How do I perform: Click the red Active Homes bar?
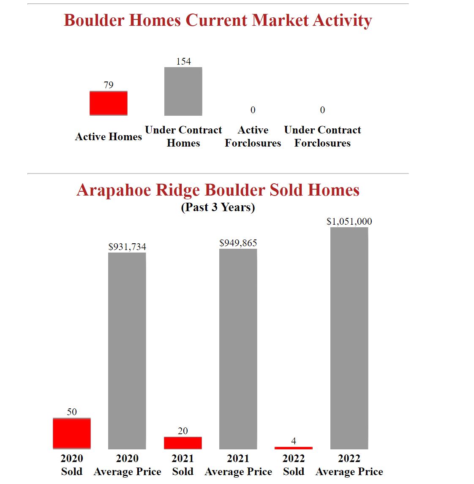[108, 103]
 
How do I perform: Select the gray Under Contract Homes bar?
[183, 91]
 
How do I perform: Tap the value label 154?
[183, 61]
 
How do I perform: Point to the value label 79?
[109, 85]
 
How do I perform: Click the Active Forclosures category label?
[253, 136]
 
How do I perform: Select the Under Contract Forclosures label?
[322, 136]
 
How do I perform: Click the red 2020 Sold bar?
[72, 433]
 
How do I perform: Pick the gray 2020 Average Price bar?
[127, 351]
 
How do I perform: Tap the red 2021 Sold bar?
[183, 443]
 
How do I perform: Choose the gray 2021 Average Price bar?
[238, 348]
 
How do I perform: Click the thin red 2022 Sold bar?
[293, 448]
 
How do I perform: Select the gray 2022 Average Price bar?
[349, 338]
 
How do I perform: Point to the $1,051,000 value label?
[349, 221]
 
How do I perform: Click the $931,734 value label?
[127, 247]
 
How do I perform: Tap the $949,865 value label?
[238, 243]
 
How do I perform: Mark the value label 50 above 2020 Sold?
[72, 412]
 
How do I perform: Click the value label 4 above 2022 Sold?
[294, 441]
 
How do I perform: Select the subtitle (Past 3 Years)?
[218, 207]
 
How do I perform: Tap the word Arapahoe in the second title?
[114, 190]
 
